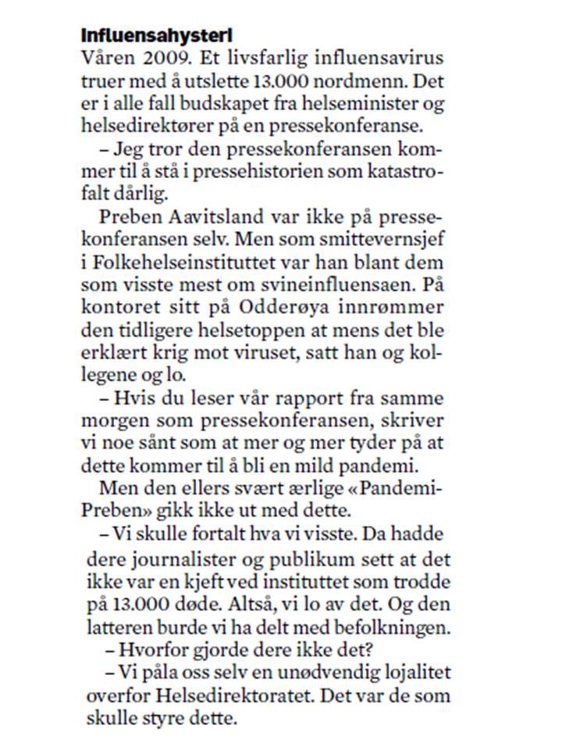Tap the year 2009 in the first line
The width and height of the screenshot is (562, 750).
(159, 59)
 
